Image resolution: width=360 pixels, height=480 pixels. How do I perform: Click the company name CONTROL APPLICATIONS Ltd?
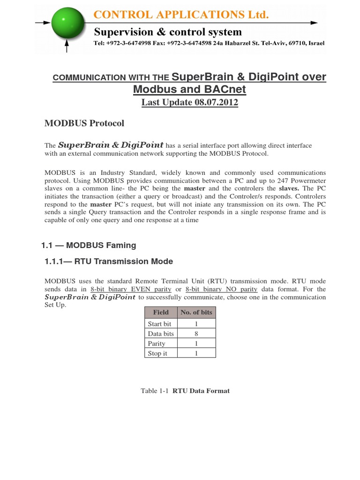tap(181, 15)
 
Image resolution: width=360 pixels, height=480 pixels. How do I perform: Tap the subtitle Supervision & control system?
tap(168, 32)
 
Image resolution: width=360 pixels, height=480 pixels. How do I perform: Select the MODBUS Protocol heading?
tap(84, 123)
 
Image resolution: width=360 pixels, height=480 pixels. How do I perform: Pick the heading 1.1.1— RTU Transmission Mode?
tap(108, 262)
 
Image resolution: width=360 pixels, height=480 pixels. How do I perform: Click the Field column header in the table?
tap(161, 312)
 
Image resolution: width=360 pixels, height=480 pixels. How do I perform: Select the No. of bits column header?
tap(196, 312)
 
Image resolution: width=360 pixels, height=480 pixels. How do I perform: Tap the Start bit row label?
tap(159, 324)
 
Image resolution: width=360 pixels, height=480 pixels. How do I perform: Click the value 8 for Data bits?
tap(196, 334)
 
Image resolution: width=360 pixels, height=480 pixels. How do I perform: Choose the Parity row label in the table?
tap(157, 344)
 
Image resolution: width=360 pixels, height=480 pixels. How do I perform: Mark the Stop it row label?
tap(157, 353)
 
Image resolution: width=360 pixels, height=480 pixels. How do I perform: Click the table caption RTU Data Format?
tap(201, 390)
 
